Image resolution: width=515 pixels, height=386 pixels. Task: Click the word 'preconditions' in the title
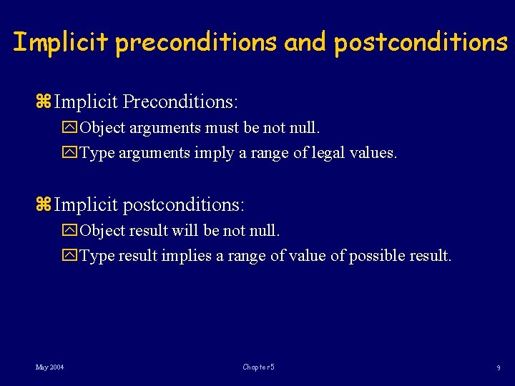point(195,42)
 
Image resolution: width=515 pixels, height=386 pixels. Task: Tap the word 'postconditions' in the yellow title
point(421,42)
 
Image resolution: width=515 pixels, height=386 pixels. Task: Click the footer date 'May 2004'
point(50,367)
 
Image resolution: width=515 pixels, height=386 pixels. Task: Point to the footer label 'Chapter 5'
point(258,367)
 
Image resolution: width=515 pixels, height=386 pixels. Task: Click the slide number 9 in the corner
point(498,368)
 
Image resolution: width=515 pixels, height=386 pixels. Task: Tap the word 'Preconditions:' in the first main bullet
point(180,102)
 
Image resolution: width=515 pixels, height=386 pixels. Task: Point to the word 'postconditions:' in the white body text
point(184,206)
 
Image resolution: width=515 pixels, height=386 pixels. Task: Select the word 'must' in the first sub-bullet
point(221,129)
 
